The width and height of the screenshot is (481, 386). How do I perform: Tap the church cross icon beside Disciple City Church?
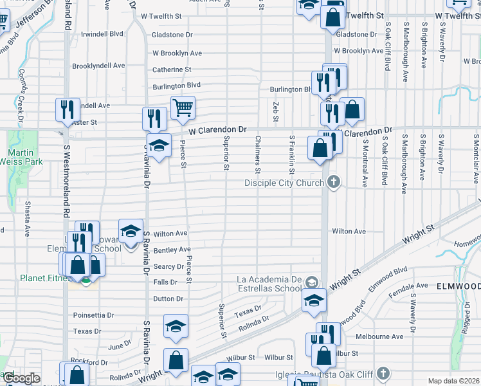point(333,183)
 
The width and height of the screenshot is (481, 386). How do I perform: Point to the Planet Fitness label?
point(41,279)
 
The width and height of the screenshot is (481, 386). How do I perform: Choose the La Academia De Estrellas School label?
point(269,284)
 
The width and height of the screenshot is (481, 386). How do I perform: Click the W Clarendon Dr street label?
point(217,129)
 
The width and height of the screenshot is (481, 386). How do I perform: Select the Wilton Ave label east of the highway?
point(349,231)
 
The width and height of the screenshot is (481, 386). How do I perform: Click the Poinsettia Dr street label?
point(93,315)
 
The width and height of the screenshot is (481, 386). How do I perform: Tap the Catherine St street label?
point(172,69)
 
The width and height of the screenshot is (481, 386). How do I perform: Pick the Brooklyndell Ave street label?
point(98,66)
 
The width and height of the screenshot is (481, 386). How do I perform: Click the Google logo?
point(21,378)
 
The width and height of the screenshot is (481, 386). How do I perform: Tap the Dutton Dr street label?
point(168,299)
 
